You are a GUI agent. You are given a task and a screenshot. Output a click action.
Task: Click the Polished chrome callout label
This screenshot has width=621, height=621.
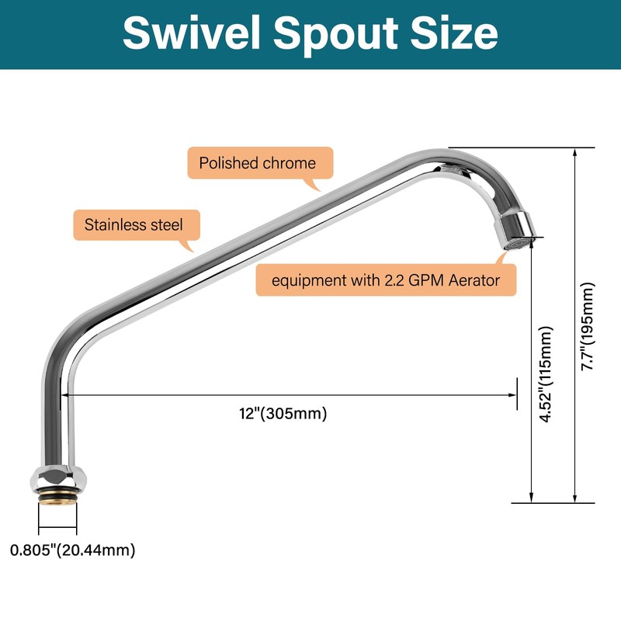coord(258,163)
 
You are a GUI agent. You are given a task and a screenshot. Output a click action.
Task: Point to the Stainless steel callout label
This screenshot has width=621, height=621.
coord(134,225)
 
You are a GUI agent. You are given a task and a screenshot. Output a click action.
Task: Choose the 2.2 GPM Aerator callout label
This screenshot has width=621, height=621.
coord(386,280)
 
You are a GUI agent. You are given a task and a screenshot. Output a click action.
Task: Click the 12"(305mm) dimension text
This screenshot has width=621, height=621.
coord(283,414)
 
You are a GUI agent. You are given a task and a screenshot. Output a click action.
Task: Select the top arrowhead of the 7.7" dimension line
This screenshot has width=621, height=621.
coord(574,152)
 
